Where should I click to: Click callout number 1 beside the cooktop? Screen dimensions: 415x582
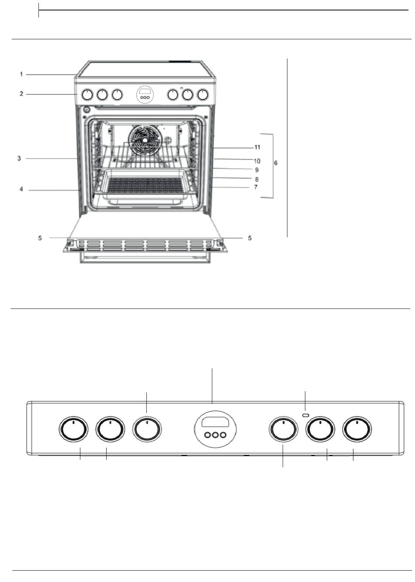(21, 74)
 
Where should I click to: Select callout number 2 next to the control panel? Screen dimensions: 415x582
(21, 94)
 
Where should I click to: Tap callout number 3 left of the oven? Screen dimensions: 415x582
(19, 158)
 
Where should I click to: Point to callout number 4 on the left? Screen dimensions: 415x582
(21, 190)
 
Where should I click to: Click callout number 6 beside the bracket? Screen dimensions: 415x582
(276, 163)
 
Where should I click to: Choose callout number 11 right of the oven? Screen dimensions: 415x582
(257, 148)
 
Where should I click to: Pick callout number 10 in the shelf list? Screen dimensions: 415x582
(257, 161)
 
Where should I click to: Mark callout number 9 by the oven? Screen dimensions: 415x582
(257, 170)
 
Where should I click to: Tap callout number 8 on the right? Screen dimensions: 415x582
(257, 179)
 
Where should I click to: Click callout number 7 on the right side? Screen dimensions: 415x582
(256, 187)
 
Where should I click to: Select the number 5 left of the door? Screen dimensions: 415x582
(40, 238)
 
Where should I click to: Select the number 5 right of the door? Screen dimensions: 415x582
(250, 238)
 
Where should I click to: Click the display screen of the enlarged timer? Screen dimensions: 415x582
(215, 422)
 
